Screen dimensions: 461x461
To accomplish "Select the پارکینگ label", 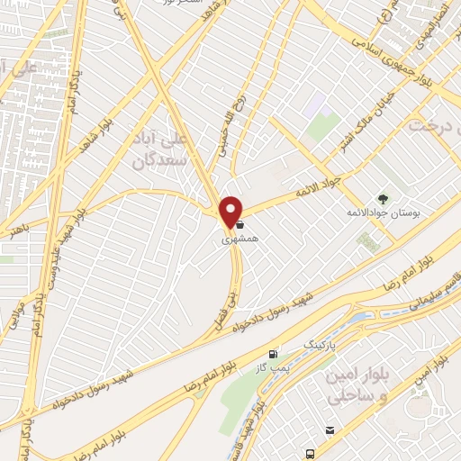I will click(316, 344).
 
